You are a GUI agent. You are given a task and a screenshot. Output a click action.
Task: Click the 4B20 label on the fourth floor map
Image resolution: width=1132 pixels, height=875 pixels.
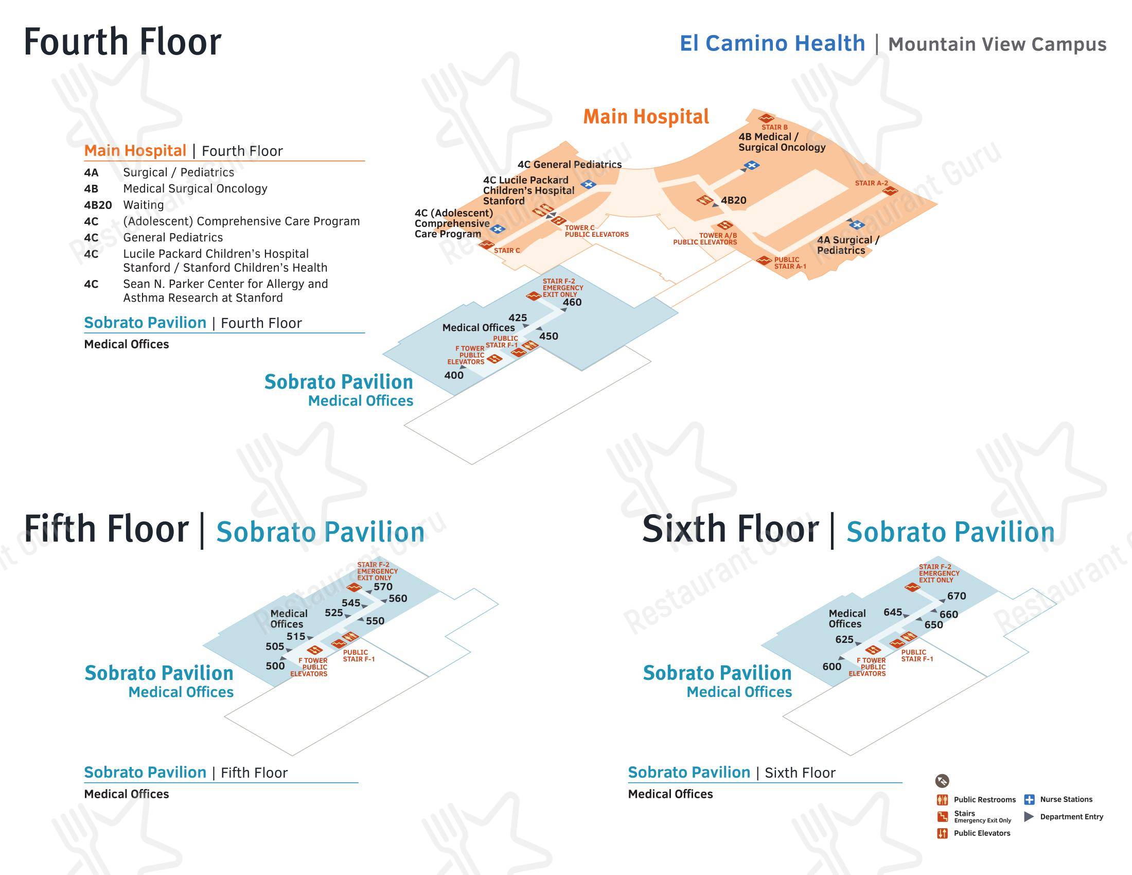pyautogui.click(x=733, y=201)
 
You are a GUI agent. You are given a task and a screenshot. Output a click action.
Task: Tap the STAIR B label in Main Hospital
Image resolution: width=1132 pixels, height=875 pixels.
pyautogui.click(x=774, y=127)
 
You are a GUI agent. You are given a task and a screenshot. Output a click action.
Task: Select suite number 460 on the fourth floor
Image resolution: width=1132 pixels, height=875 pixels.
pyautogui.click(x=572, y=302)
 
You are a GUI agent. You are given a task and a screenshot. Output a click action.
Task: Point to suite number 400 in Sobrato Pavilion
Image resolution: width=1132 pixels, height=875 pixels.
pyautogui.click(x=454, y=375)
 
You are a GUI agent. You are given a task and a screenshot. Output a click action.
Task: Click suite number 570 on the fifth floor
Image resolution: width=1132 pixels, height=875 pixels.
pyautogui.click(x=383, y=587)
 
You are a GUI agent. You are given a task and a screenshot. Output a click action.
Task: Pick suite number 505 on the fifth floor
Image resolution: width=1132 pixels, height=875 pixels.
pyautogui.click(x=275, y=646)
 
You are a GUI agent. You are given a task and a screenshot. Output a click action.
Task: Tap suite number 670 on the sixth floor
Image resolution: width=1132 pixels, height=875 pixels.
pyautogui.click(x=957, y=596)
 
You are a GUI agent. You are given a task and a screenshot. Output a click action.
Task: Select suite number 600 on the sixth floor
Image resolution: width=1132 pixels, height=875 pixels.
pyautogui.click(x=832, y=667)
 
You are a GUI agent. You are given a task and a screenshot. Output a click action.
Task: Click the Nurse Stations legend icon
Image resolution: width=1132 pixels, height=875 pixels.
pyautogui.click(x=1030, y=799)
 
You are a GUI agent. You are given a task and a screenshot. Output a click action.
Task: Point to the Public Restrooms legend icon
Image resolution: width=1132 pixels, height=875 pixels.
pyautogui.click(x=942, y=800)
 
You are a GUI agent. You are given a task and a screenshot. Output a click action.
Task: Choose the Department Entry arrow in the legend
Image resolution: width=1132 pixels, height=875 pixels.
pyautogui.click(x=1029, y=817)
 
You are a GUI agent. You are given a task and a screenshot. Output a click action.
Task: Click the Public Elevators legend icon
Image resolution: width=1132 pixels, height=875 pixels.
pyautogui.click(x=942, y=833)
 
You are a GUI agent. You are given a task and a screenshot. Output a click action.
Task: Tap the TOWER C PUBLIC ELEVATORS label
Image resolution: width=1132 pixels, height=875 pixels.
pyautogui.click(x=596, y=231)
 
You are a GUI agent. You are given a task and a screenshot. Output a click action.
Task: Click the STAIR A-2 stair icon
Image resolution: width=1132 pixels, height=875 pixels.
pyautogui.click(x=890, y=191)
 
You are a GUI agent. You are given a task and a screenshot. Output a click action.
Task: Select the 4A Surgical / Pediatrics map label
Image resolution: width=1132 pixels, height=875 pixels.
pyautogui.click(x=848, y=245)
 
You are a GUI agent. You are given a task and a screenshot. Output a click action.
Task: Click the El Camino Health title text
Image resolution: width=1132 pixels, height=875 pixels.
pyautogui.click(x=772, y=43)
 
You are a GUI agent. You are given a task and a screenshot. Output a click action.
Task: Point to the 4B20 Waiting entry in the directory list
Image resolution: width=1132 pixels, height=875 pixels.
pyautogui.click(x=124, y=205)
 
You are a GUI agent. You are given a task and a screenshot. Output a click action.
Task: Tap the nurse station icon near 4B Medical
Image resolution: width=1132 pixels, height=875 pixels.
pyautogui.click(x=752, y=165)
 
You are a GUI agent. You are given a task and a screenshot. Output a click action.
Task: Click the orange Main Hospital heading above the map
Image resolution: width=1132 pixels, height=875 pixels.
pyautogui.click(x=646, y=117)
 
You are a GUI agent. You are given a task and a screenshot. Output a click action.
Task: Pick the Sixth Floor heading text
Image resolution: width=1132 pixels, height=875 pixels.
pyautogui.click(x=730, y=529)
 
